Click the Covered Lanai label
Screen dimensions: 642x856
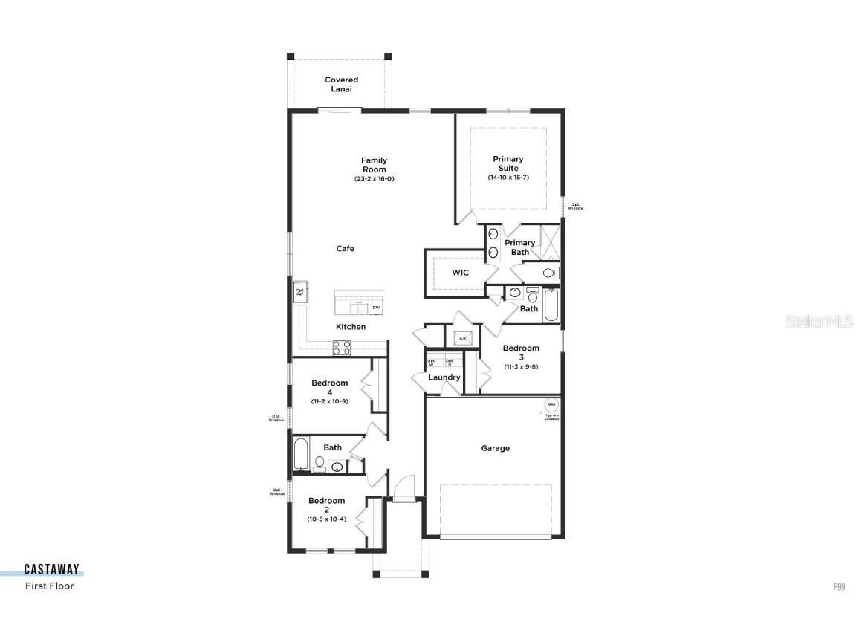coord(341,84)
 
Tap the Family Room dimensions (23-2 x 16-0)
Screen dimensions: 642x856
coord(374,179)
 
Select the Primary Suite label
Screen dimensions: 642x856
coord(508,163)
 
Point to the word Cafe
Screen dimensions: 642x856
coord(345,249)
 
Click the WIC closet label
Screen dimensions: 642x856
coord(461,273)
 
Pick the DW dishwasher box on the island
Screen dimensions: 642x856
coord(376,307)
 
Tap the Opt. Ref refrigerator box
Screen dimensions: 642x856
coord(299,292)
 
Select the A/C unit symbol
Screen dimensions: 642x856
coord(462,338)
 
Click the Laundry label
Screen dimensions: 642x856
coord(444,377)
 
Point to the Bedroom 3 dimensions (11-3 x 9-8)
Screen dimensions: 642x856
coord(521,366)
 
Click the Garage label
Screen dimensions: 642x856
coord(495,448)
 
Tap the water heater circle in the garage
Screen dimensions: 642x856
coord(551,405)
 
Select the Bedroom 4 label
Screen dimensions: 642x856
coord(329,387)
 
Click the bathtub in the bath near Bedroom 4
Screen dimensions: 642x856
coord(300,455)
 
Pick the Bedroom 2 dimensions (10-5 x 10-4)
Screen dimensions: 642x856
coord(327,519)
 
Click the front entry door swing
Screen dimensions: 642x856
coord(404,489)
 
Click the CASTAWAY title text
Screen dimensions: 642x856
coord(51,570)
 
